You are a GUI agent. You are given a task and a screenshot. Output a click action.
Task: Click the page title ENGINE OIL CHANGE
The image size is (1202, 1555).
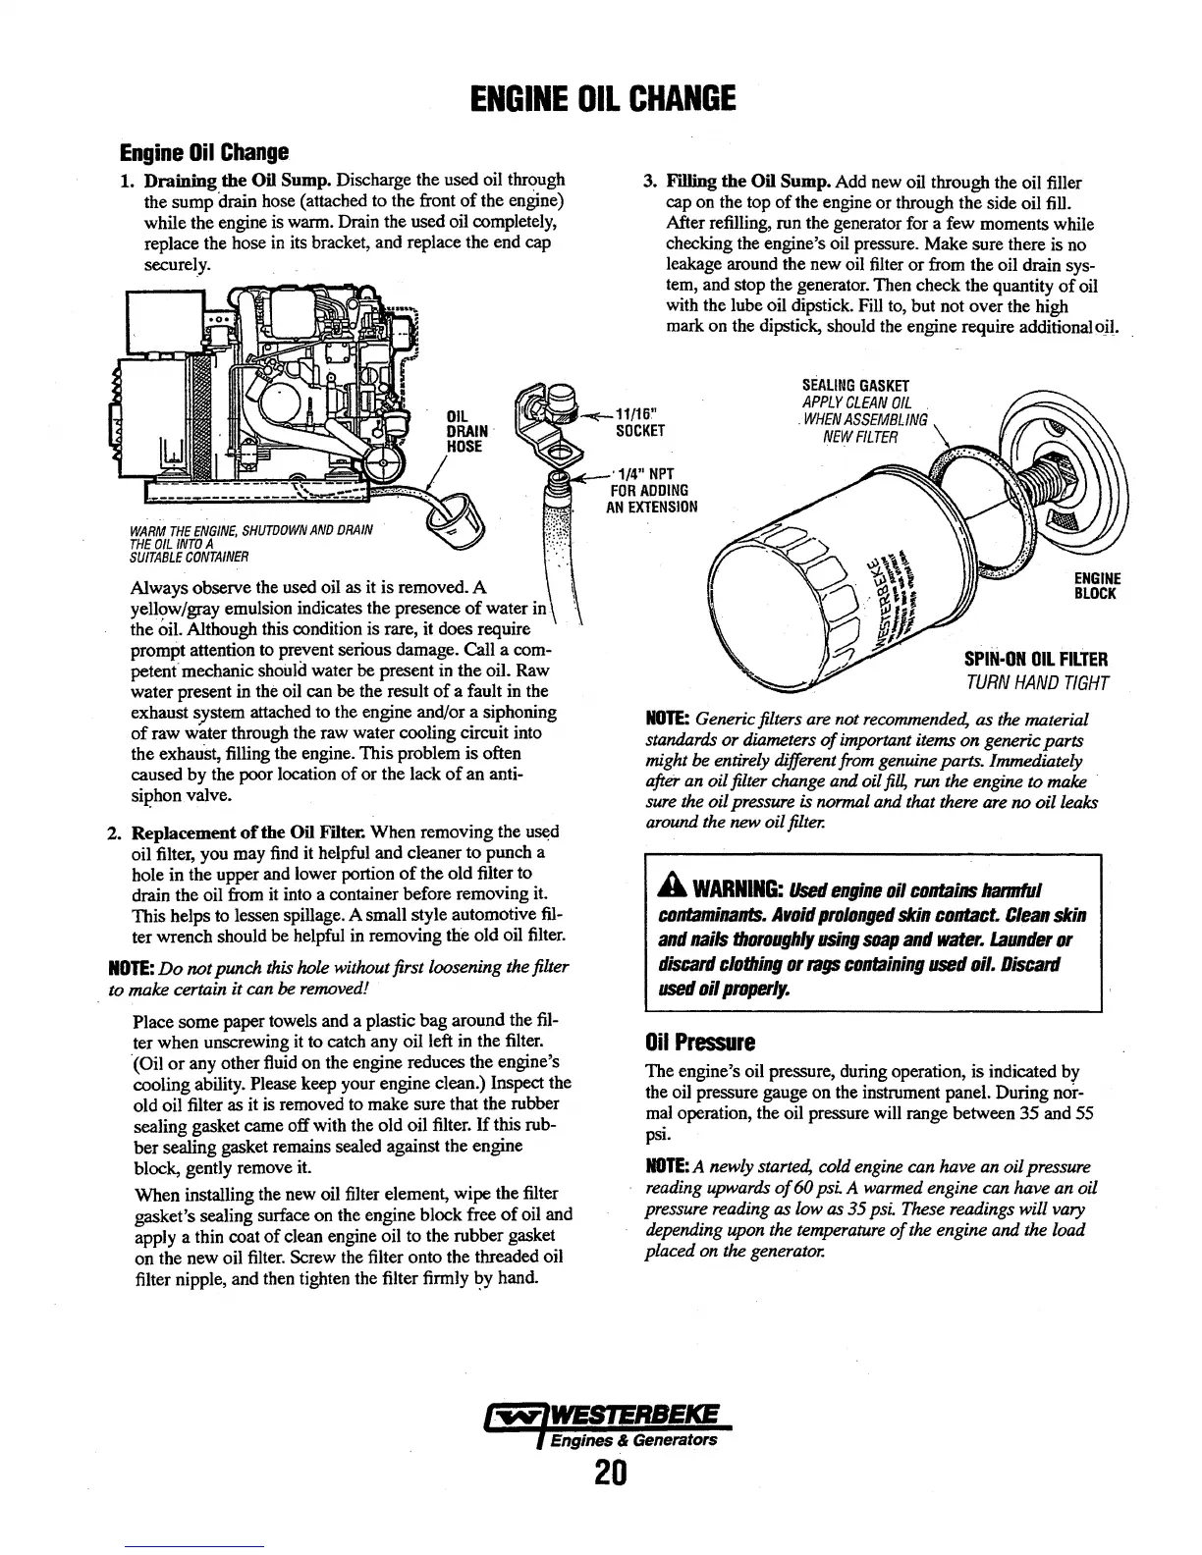pyautogui.click(x=602, y=99)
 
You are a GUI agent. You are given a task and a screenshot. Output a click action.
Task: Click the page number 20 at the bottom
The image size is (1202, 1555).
pyautogui.click(x=602, y=1475)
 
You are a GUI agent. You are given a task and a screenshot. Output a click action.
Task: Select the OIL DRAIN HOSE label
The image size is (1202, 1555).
pyautogui.click(x=464, y=430)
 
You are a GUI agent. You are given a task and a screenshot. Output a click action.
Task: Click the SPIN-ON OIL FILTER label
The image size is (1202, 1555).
pyautogui.click(x=1036, y=659)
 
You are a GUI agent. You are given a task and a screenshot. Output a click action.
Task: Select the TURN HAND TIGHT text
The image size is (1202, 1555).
pyautogui.click(x=1037, y=683)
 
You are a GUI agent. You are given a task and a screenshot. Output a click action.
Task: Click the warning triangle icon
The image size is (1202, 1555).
pyautogui.click(x=677, y=888)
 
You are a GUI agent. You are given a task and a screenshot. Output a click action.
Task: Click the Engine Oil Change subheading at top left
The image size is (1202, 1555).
pyautogui.click(x=203, y=153)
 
